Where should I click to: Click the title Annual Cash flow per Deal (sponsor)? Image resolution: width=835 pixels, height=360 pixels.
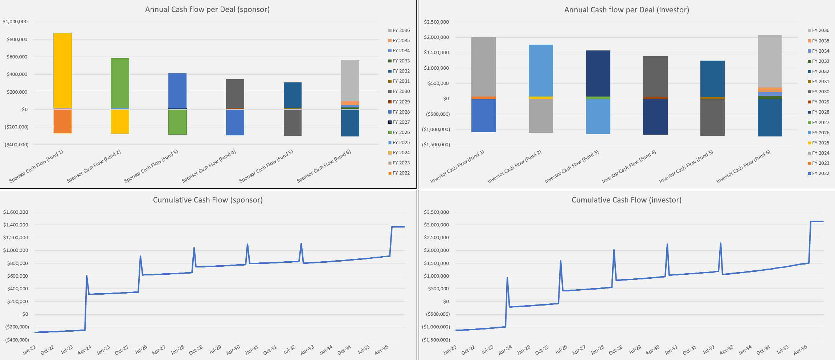[x=207, y=9]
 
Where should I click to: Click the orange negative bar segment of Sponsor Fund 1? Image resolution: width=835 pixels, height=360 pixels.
[x=62, y=121]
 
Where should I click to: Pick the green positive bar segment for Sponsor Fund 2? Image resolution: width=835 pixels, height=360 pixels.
[x=120, y=83]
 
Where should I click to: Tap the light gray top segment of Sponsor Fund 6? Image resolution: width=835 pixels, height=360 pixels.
[x=350, y=80]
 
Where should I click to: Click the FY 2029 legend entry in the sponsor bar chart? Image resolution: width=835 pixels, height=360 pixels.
[x=399, y=102]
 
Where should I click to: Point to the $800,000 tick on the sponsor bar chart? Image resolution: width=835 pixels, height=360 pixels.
[x=17, y=39]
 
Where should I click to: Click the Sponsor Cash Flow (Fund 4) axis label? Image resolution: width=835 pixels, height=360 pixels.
[x=209, y=166]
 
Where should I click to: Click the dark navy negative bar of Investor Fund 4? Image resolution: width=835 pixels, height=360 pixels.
[x=655, y=116]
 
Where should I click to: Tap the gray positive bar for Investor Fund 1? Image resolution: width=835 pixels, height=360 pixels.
[x=483, y=66]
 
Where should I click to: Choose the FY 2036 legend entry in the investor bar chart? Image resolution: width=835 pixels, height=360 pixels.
[x=818, y=30]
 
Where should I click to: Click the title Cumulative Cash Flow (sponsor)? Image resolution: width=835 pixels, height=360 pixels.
[x=208, y=200]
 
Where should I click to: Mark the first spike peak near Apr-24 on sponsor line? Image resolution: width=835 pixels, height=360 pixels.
[x=86, y=276]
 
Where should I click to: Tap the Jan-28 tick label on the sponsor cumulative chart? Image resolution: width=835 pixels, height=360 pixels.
[x=177, y=350]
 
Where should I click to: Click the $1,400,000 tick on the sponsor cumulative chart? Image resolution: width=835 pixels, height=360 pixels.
[x=16, y=225]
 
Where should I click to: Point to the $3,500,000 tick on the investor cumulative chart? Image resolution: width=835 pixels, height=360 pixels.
[x=436, y=212]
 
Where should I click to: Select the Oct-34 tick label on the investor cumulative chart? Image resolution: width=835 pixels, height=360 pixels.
[x=763, y=350]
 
